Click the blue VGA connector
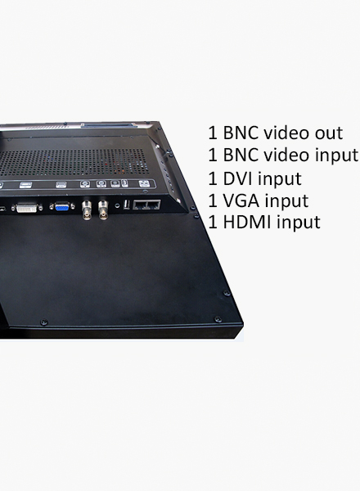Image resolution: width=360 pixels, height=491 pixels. coord(62,207)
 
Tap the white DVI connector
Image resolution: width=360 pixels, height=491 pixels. coord(27,208)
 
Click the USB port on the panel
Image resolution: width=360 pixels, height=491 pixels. coord(127,205)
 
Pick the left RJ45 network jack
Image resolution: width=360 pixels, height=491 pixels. coord(139,205)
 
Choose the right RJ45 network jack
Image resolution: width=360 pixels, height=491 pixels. coord(153,205)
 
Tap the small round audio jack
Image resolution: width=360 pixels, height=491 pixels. coord(117,205)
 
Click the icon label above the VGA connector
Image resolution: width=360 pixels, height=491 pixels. coord(61,185)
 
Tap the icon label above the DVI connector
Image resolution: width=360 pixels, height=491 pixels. coord(25,185)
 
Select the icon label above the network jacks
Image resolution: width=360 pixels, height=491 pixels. coord(143,183)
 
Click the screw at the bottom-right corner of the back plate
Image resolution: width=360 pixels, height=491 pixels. coord(218,319)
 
